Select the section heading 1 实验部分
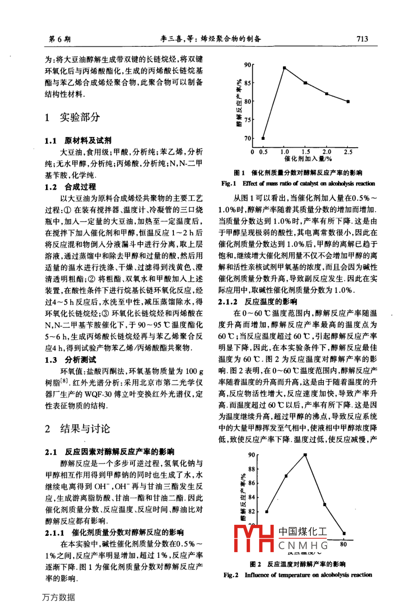[72, 117]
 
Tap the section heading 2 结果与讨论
[77, 428]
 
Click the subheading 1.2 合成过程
[70, 187]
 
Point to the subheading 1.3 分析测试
[70, 359]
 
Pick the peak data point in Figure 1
[284, 68]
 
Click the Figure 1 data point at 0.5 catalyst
[263, 138]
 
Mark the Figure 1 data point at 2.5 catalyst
[348, 101]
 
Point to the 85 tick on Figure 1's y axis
[247, 83]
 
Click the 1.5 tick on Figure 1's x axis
[306, 152]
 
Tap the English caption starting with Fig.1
[298, 183]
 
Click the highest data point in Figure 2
[305, 455]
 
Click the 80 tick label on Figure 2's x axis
[343, 544]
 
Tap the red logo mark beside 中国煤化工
[254, 539]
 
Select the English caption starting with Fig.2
[298, 575]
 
